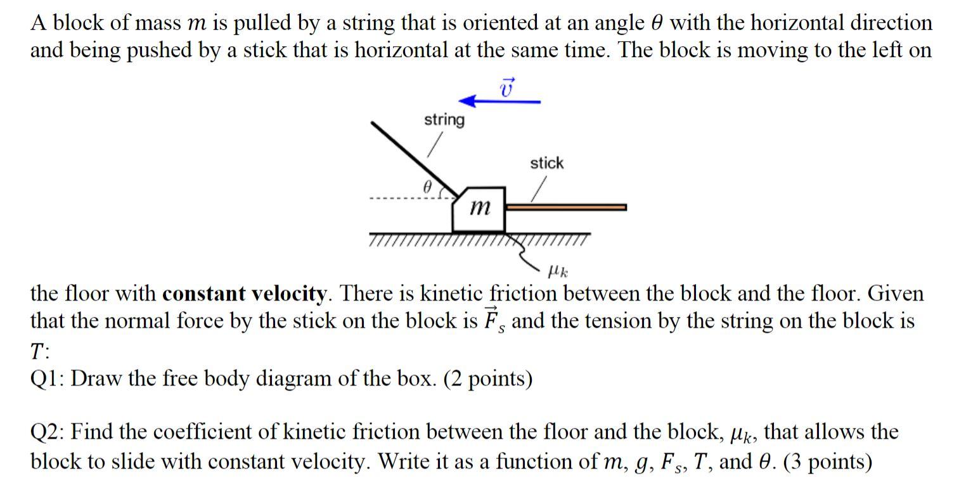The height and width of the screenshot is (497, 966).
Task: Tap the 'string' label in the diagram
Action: (444, 120)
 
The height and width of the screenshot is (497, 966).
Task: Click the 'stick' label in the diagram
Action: (546, 164)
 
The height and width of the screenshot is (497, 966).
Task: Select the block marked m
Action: (480, 209)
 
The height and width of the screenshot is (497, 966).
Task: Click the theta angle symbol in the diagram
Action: (427, 188)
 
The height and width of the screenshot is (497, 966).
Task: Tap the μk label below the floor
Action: (557, 272)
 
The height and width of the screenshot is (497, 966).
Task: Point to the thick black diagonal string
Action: (412, 156)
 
